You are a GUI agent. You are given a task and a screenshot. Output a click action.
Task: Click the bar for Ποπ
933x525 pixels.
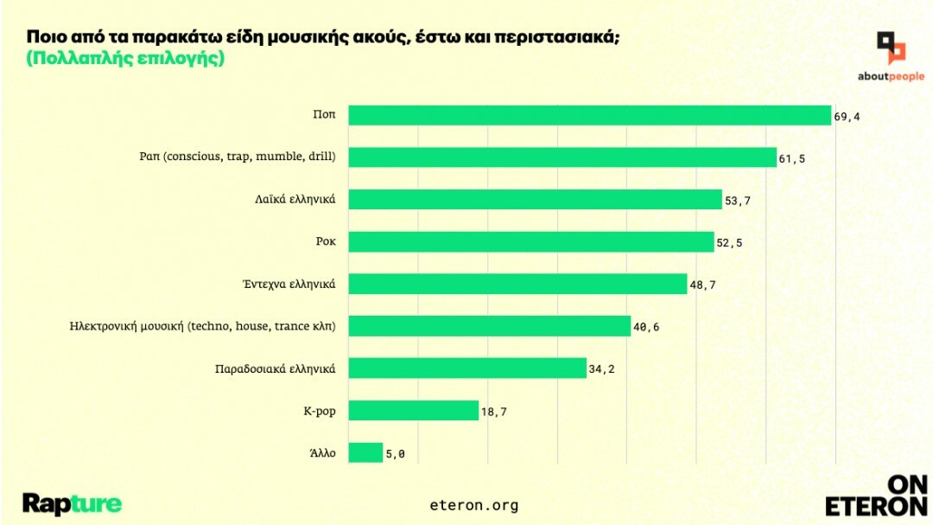pyautogui.click(x=589, y=116)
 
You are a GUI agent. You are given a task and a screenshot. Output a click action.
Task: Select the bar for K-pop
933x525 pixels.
pyautogui.click(x=413, y=411)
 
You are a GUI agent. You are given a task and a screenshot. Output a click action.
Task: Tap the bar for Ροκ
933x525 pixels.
pyautogui.click(x=530, y=242)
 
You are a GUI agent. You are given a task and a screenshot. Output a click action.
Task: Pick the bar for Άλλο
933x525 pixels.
pyautogui.click(x=365, y=453)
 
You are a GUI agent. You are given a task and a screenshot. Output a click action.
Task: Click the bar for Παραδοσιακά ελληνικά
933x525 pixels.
pyautogui.click(x=467, y=368)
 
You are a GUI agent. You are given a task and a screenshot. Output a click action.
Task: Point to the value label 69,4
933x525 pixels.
pyautogui.click(x=847, y=117)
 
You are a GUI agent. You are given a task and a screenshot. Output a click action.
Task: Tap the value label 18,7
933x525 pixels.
pyautogui.click(x=494, y=412)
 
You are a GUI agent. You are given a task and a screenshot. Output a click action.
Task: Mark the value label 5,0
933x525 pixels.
pyautogui.click(x=395, y=454)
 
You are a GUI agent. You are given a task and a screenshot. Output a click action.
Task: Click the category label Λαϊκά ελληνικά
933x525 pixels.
pyautogui.click(x=289, y=200)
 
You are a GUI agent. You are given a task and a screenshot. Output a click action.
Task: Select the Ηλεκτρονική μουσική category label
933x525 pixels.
pyautogui.click(x=202, y=326)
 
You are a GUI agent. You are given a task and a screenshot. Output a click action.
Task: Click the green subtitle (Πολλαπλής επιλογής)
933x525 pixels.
pyautogui.click(x=126, y=59)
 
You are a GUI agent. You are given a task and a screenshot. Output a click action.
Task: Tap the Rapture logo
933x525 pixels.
pyautogui.click(x=72, y=503)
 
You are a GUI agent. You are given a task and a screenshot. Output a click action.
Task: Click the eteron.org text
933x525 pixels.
pyautogui.click(x=473, y=504)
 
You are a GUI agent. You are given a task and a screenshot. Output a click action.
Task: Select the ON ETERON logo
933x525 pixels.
pyautogui.click(x=876, y=496)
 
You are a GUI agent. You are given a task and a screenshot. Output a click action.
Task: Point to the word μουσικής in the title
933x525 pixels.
pyautogui.click(x=291, y=37)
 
